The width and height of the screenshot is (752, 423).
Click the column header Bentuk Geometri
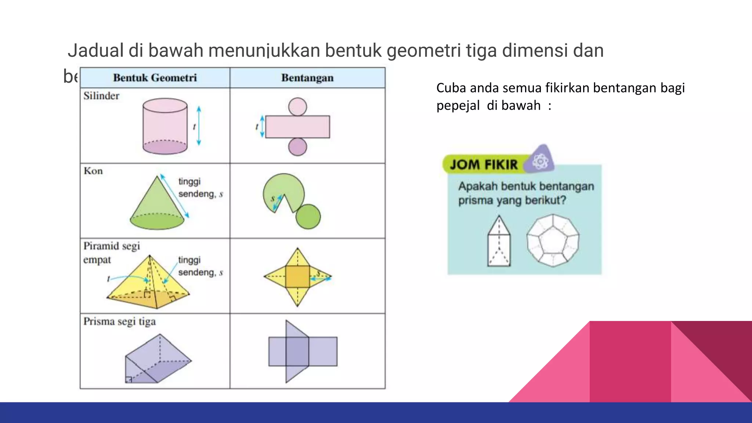(x=155, y=78)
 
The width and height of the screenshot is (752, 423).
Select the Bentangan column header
(x=307, y=78)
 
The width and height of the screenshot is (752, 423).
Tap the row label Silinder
(x=101, y=96)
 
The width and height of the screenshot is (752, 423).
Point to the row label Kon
(x=93, y=171)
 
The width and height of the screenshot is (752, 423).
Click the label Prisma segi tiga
(x=119, y=322)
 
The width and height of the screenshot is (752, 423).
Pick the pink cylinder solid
(x=165, y=126)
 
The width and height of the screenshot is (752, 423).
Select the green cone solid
(x=157, y=206)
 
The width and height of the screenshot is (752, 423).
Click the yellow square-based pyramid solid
(x=149, y=283)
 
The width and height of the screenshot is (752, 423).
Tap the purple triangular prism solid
(x=158, y=360)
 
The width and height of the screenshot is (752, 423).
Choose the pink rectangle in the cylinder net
(x=297, y=127)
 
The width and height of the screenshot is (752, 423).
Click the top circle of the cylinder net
(x=297, y=106)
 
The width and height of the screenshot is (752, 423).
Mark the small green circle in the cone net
(x=308, y=217)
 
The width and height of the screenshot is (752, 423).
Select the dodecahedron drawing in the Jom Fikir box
(x=553, y=241)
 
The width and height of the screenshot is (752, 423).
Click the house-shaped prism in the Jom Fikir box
(x=499, y=242)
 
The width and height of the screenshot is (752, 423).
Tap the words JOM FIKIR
(x=484, y=164)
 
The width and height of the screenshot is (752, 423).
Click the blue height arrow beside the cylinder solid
(x=199, y=126)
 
